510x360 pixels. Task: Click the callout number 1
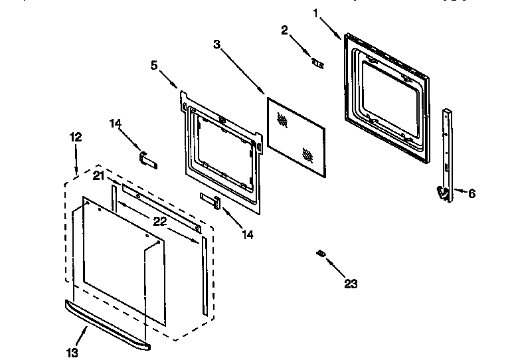[316, 11]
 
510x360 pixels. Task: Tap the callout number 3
[216, 45]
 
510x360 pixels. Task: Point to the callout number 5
[155, 64]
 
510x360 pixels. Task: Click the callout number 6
[472, 194]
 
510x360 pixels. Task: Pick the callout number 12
[76, 137]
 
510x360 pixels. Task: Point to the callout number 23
[351, 284]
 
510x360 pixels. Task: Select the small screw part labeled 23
[321, 253]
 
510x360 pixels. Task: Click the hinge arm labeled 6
[448, 153]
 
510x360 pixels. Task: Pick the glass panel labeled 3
[296, 138]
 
